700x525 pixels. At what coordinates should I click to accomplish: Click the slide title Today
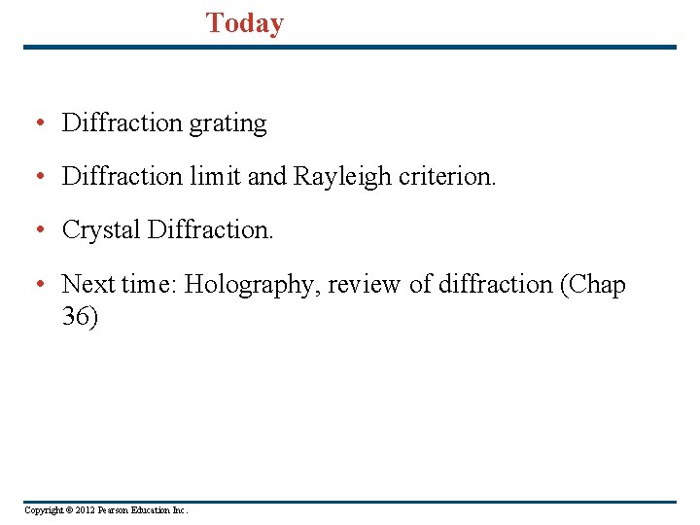tap(245, 23)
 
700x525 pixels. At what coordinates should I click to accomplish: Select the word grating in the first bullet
tap(228, 124)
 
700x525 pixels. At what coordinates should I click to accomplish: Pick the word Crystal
tap(101, 230)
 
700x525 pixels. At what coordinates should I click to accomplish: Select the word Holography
tap(252, 285)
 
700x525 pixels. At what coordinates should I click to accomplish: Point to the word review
tap(363, 285)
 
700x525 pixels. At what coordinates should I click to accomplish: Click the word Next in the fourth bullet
tap(88, 285)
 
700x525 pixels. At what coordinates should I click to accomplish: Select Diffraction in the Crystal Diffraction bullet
tap(210, 230)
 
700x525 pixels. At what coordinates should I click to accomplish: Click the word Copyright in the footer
tap(42, 510)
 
